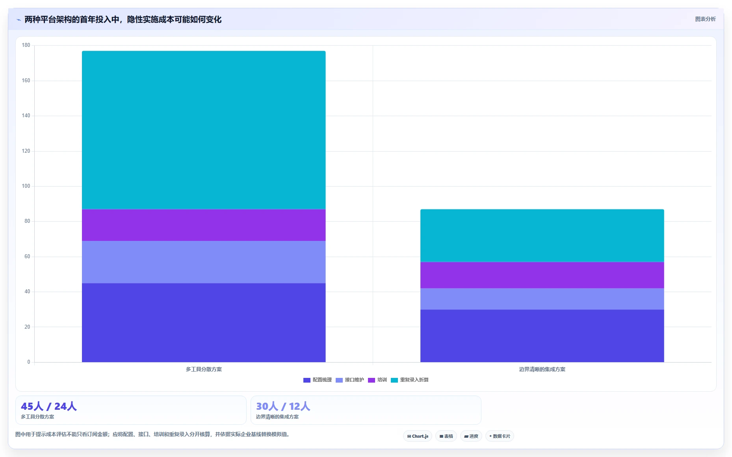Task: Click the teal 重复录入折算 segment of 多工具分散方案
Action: (204, 130)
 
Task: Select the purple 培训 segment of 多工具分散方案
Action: (204, 225)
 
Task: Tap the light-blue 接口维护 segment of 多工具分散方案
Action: (204, 262)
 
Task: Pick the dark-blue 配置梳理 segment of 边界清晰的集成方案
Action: (542, 336)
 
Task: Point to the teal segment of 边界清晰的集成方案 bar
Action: (542, 235)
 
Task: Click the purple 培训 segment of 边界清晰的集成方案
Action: (542, 275)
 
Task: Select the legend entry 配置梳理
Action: (318, 380)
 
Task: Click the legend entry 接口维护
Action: (350, 380)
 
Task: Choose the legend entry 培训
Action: (377, 380)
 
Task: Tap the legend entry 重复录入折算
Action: (410, 380)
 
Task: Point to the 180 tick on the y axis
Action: (26, 45)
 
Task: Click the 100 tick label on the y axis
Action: (26, 186)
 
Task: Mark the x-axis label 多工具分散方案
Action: (204, 369)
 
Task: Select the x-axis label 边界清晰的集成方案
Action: (542, 369)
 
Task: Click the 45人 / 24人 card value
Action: (49, 406)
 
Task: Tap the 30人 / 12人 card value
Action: (283, 406)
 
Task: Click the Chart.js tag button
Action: (418, 436)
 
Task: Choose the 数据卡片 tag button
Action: (500, 436)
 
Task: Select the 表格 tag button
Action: (446, 436)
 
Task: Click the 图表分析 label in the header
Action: (705, 19)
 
